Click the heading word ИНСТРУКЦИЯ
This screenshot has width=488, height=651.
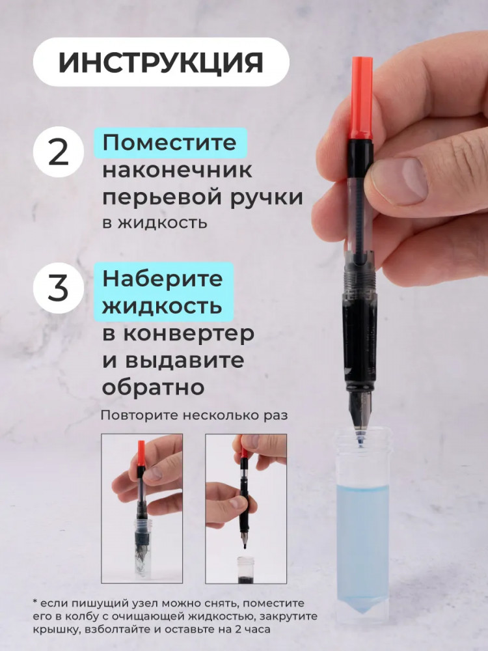161,62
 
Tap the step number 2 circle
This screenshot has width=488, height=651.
58,152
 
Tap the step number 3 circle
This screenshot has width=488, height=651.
58,288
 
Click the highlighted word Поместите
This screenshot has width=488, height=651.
170,143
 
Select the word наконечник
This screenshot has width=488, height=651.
177,170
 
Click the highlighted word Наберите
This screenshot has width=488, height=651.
163,279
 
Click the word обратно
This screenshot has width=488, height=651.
154,387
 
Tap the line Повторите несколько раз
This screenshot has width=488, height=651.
194,415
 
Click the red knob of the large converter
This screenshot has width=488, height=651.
362,98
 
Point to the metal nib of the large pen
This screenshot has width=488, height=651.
360,410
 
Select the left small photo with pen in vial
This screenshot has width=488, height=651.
142,508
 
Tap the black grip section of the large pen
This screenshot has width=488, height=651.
360,339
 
